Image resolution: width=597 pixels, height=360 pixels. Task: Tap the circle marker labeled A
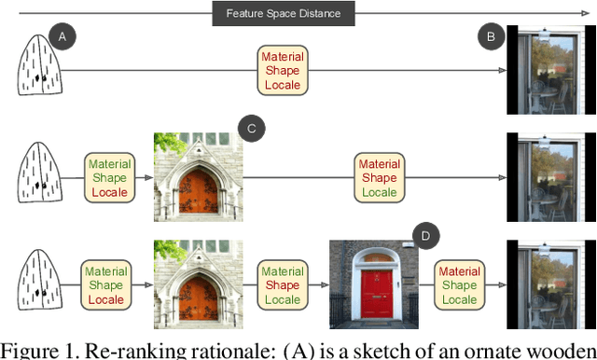[62, 37]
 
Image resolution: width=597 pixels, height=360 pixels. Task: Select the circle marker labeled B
[492, 37]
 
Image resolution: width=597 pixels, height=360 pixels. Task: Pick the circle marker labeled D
[426, 236]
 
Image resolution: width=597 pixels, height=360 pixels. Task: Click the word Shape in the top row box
[282, 72]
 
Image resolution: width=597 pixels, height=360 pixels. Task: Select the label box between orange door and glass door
[379, 177]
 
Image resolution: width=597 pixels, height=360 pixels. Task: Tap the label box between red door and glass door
[459, 285]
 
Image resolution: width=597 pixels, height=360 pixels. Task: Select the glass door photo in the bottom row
[550, 284]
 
